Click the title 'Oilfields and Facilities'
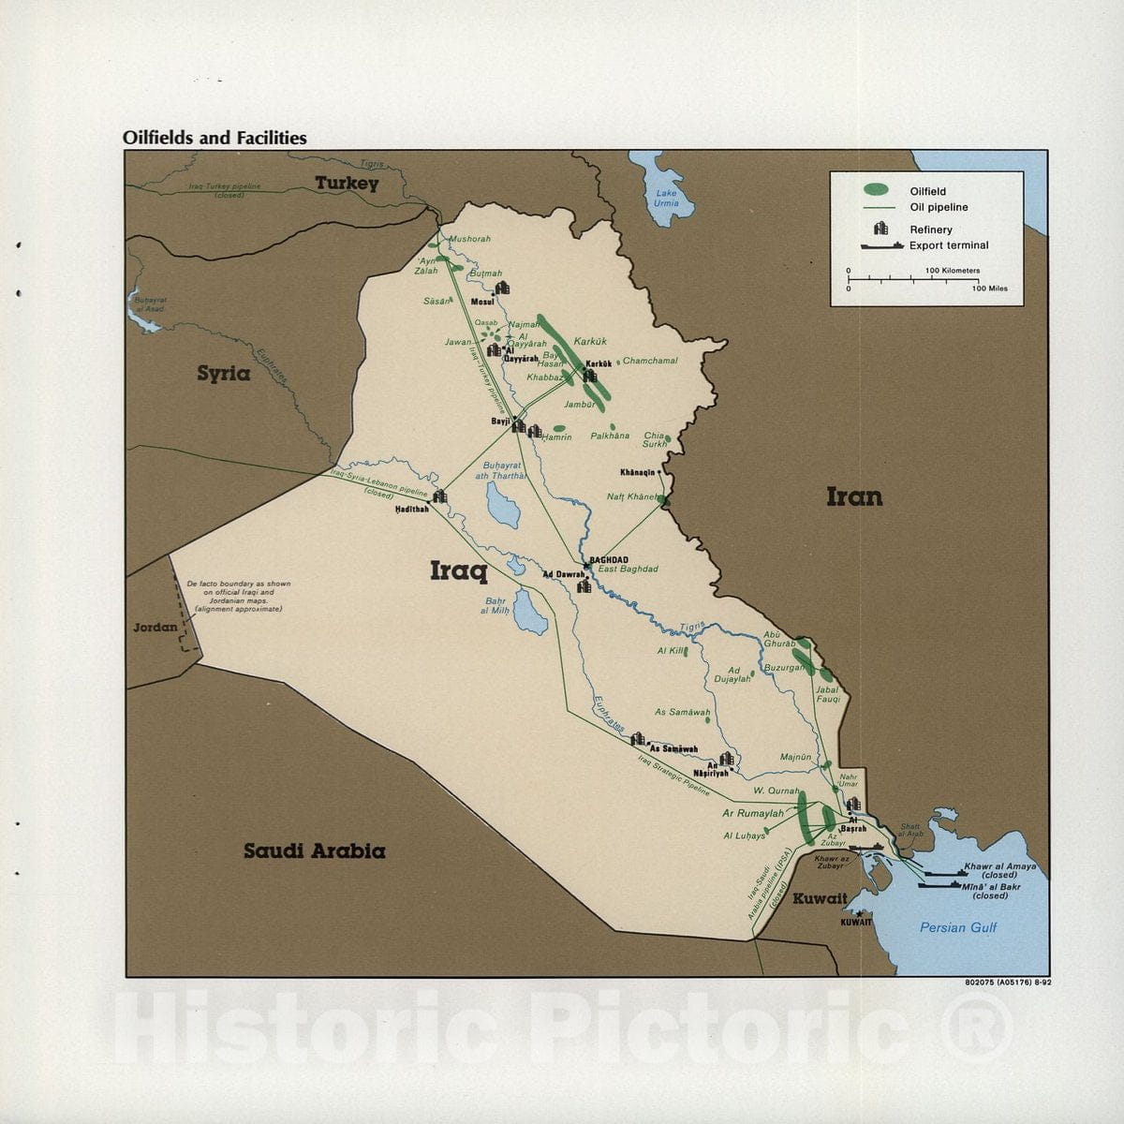214,138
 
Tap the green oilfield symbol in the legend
879,191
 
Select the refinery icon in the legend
881,229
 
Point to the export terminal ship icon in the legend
881,245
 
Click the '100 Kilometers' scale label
952,271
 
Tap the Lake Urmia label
666,198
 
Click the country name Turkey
347,184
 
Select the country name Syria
223,374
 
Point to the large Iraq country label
458,569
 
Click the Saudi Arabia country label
314,851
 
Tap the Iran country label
853,496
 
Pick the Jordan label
155,627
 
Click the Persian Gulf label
957,928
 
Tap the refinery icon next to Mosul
502,288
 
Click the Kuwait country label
820,899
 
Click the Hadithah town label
411,509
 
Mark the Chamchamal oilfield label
649,361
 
